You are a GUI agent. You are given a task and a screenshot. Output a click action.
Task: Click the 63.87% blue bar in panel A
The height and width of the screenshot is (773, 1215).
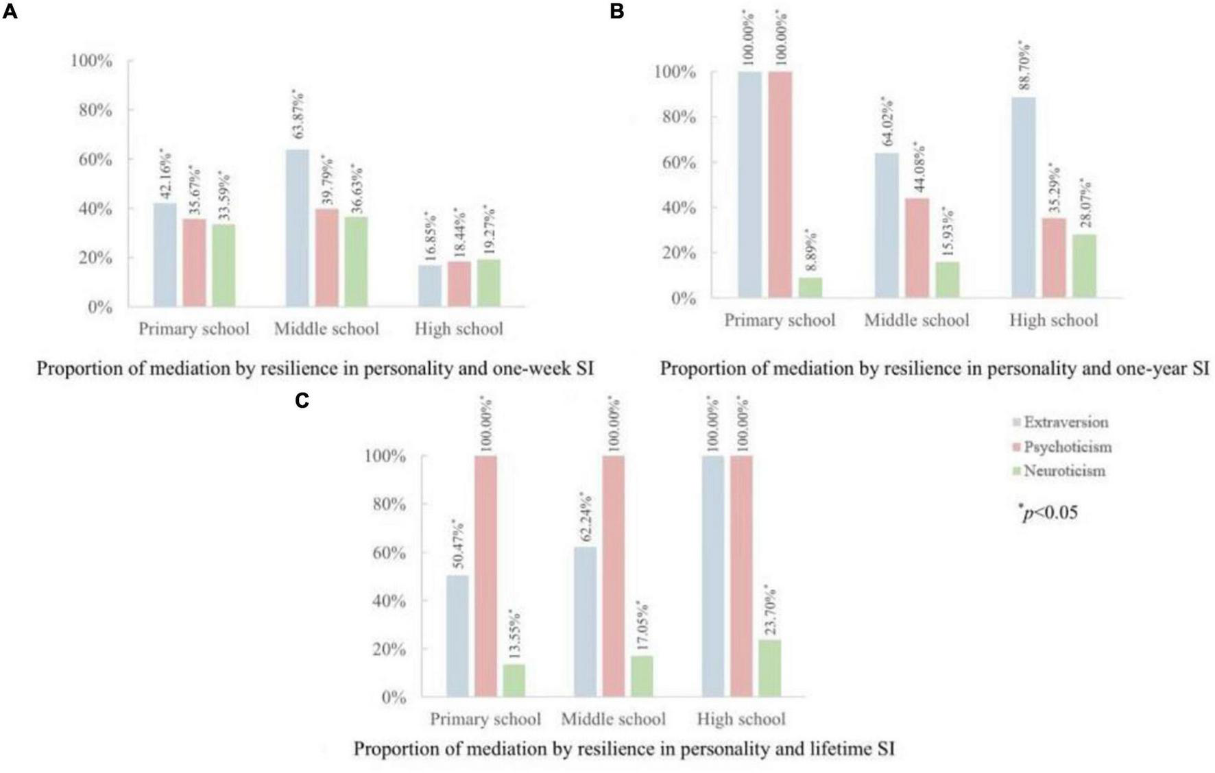(x=297, y=228)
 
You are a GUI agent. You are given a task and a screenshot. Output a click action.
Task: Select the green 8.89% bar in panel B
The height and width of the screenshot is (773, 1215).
(x=810, y=287)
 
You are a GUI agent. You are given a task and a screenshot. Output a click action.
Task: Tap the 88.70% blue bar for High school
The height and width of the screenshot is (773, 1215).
(x=1024, y=197)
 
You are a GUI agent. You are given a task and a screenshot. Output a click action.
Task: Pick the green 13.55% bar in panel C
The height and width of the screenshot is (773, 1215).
(x=514, y=680)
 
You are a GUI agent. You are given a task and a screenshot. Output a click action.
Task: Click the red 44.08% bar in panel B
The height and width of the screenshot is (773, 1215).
(x=917, y=247)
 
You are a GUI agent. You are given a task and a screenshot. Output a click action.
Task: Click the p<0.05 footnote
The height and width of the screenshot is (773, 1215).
(x=1048, y=512)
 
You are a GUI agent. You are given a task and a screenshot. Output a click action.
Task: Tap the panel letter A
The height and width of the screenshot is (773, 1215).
(x=10, y=12)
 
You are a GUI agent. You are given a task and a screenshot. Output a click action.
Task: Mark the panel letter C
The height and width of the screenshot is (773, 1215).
(x=302, y=400)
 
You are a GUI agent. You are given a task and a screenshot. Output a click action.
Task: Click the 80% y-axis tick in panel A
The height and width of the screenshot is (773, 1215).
(x=91, y=110)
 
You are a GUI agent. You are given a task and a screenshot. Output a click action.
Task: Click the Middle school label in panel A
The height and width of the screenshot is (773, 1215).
(x=326, y=329)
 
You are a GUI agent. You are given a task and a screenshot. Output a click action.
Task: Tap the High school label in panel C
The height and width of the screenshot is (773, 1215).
(x=741, y=720)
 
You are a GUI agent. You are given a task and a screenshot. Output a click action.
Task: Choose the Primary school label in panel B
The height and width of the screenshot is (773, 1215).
(x=780, y=321)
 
